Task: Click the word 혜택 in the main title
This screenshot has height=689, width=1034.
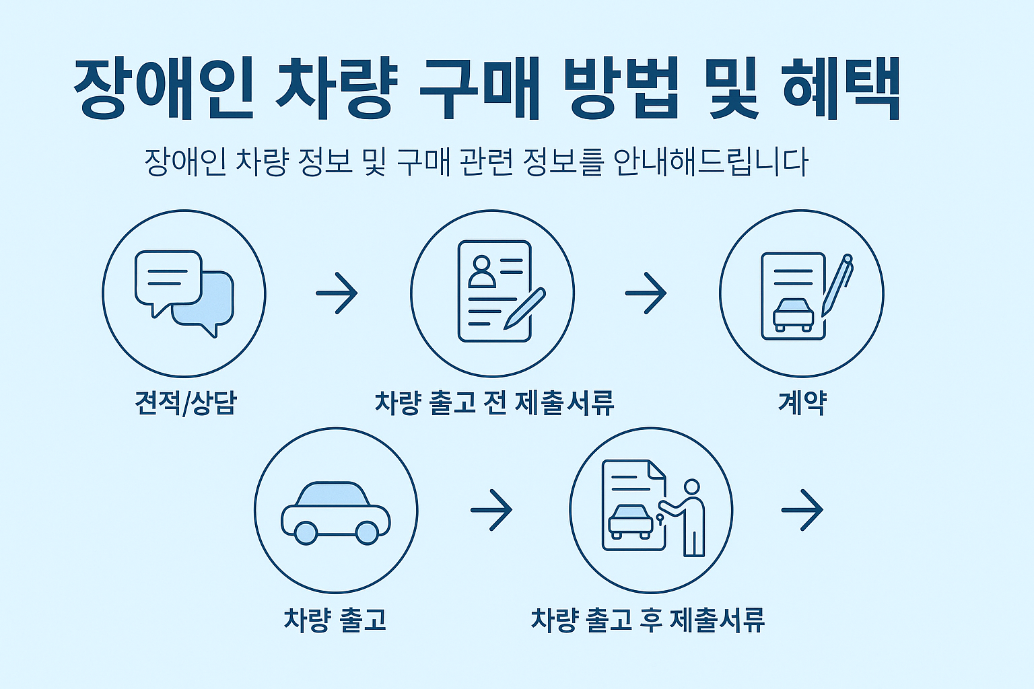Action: [x=841, y=89]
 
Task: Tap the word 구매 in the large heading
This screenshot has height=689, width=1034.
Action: [x=479, y=89]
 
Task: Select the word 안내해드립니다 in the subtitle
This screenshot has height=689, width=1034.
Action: [x=711, y=162]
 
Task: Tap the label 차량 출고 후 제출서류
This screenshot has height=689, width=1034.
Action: [x=648, y=620]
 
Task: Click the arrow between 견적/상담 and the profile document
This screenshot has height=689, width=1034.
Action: [x=337, y=293]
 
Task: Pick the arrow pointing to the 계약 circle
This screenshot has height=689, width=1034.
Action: [x=646, y=293]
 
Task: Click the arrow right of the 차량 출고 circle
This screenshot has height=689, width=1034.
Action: [x=491, y=510]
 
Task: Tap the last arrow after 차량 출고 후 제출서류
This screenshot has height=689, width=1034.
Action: [x=802, y=510]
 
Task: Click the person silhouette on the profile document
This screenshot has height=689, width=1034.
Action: [x=481, y=271]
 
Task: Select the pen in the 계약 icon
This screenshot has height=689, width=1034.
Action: [x=837, y=286]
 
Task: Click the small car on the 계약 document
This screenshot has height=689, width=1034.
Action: [x=793, y=314]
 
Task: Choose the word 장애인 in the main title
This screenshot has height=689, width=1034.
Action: [x=164, y=89]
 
